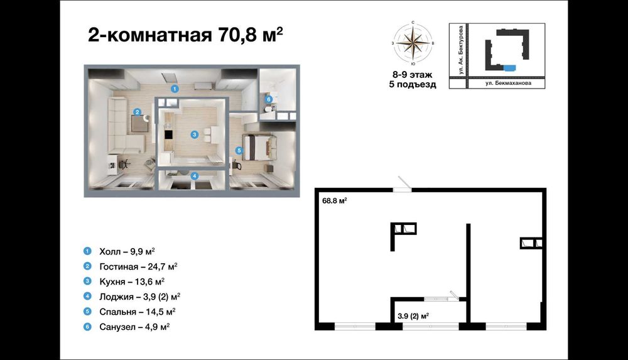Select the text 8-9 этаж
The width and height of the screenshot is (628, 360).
413,74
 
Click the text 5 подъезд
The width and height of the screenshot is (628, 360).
413,85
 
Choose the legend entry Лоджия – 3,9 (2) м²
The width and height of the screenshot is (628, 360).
140,296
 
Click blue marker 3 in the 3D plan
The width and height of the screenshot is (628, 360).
195,134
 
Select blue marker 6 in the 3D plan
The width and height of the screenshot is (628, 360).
268,99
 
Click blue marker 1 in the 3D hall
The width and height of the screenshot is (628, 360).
176,89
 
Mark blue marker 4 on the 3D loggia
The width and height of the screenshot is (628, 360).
195,176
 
